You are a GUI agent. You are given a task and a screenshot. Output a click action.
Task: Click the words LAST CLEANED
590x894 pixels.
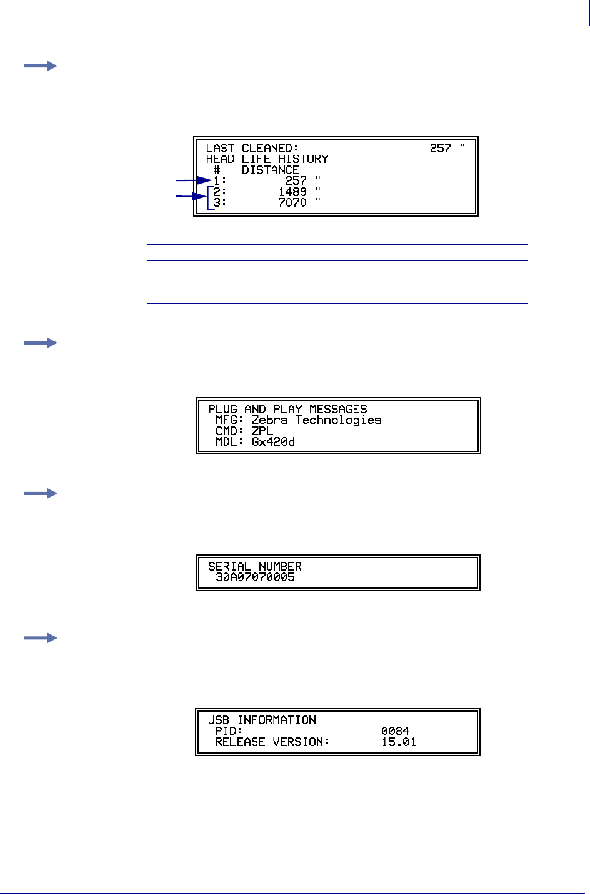(x=252, y=149)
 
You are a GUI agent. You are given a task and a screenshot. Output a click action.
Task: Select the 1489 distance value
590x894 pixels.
(x=292, y=192)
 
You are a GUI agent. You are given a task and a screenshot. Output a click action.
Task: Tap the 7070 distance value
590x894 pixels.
(x=292, y=203)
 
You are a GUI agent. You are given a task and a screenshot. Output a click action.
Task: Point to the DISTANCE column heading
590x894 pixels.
(x=271, y=170)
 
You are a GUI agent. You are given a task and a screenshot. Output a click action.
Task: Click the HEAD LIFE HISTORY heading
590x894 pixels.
(x=267, y=159)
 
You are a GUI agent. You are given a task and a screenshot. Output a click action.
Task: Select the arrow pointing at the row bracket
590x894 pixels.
(x=191, y=197)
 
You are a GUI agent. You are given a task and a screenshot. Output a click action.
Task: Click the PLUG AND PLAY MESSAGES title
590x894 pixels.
(x=287, y=410)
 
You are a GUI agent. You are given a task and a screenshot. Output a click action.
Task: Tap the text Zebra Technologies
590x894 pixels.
(x=316, y=420)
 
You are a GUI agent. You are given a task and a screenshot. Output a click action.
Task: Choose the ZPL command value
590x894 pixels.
(x=262, y=431)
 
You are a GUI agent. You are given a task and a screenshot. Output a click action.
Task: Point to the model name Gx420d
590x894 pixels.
(x=273, y=442)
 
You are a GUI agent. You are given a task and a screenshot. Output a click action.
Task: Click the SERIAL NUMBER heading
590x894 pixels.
(x=255, y=566)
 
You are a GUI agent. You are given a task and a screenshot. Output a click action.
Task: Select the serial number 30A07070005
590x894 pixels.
(x=255, y=577)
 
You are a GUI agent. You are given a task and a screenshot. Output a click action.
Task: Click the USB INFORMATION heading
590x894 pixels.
(x=262, y=720)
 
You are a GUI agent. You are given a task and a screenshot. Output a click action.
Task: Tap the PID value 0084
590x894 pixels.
(x=395, y=731)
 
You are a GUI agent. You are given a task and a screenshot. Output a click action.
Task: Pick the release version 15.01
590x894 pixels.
(x=399, y=742)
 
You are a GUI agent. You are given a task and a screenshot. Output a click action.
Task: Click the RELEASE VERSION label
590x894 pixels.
(x=272, y=742)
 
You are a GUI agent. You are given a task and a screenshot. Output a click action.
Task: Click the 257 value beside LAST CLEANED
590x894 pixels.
(x=441, y=149)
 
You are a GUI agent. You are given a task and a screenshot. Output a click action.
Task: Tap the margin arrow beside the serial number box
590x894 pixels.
(x=41, y=494)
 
